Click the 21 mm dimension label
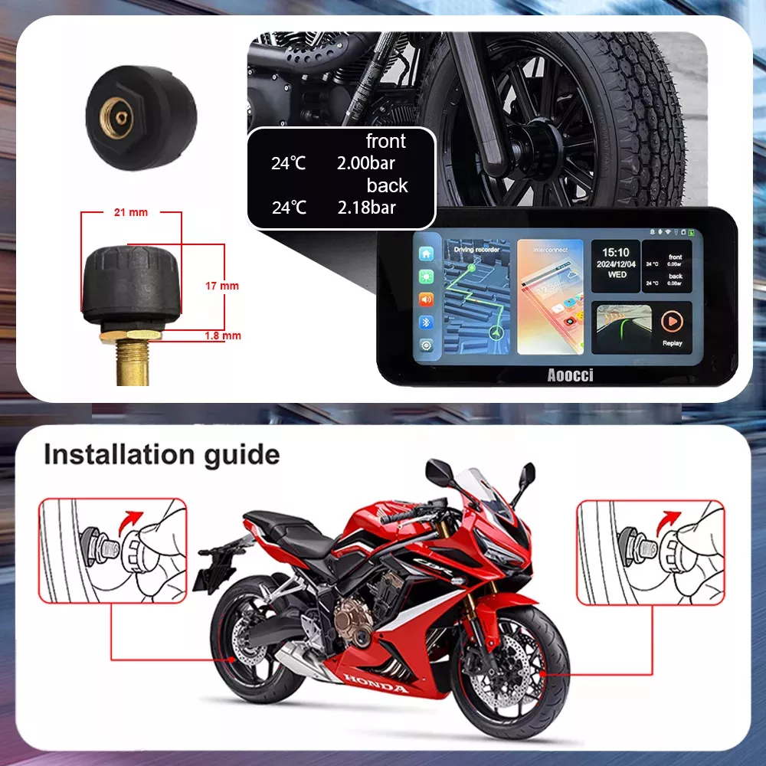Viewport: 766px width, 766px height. coord(130,212)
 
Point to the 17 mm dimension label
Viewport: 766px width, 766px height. coord(222,286)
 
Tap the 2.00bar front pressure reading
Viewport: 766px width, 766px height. coord(366,163)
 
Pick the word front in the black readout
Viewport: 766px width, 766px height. coord(386,142)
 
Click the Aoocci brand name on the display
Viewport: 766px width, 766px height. coord(570,375)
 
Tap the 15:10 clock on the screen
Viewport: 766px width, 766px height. coord(616,252)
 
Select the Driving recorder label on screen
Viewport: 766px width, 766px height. coord(476,250)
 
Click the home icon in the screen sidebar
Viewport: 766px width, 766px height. coord(426,254)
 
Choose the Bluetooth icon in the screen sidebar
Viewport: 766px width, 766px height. coord(426,322)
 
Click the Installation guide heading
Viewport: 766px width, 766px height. coord(162,454)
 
